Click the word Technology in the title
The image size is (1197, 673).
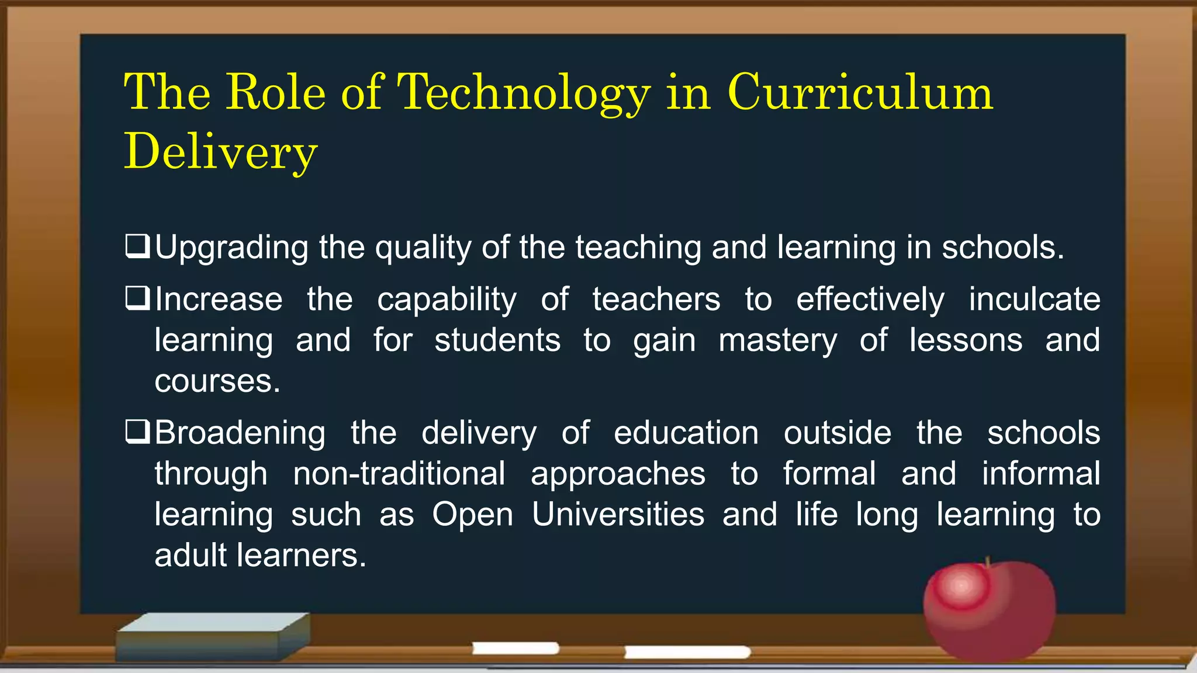[x=523, y=93]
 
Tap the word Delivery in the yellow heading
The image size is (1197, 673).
[x=220, y=152]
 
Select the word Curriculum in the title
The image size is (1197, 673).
[x=860, y=93]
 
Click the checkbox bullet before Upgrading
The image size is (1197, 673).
[x=138, y=247]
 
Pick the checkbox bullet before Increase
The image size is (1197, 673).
[x=138, y=299]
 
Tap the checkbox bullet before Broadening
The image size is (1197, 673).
[x=138, y=432]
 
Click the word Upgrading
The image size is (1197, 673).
[x=231, y=248]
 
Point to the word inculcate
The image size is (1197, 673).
[x=1034, y=299]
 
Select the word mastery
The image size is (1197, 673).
[x=777, y=341]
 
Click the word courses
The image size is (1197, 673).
[x=217, y=381]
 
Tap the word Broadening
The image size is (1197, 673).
[x=240, y=433]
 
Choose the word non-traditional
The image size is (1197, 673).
[x=399, y=473]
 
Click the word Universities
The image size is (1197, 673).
[x=618, y=514]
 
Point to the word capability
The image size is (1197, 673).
[x=447, y=300]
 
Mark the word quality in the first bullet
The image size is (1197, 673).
[x=423, y=248]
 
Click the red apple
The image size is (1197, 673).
[x=989, y=611]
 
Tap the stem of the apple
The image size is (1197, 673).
[x=988, y=562]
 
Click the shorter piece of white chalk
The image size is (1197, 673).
[x=516, y=648]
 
